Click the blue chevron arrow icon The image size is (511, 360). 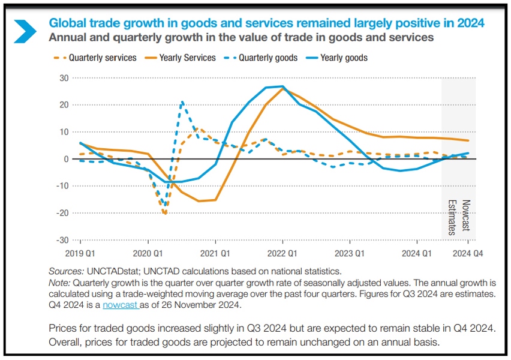point(25,31)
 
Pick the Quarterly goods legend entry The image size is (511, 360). point(267,58)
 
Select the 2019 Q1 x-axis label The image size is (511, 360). point(80,254)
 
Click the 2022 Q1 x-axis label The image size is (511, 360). point(282,254)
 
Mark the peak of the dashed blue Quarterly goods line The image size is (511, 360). point(182,102)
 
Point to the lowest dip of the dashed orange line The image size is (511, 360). point(165,214)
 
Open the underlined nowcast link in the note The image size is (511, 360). point(121,305)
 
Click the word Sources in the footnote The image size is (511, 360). point(63,271)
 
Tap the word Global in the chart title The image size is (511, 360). point(65,23)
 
